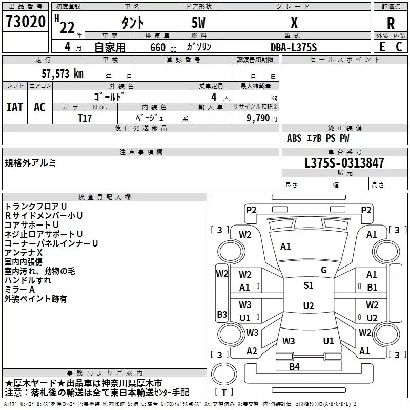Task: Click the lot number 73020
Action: pyautogui.click(x=25, y=23)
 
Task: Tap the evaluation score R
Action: pyautogui.click(x=391, y=24)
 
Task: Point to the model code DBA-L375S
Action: pyautogui.click(x=293, y=47)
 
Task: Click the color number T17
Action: pyautogui.click(x=85, y=117)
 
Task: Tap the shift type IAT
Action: pyautogui.click(x=14, y=107)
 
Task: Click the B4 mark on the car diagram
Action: pyautogui.click(x=294, y=366)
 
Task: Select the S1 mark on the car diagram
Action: pyautogui.click(x=308, y=285)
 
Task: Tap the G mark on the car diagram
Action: pyautogui.click(x=324, y=270)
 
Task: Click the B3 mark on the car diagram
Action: pyautogui.click(x=221, y=314)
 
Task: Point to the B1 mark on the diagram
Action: pyautogui.click(x=372, y=288)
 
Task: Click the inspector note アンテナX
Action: pyautogui.click(x=24, y=252)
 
